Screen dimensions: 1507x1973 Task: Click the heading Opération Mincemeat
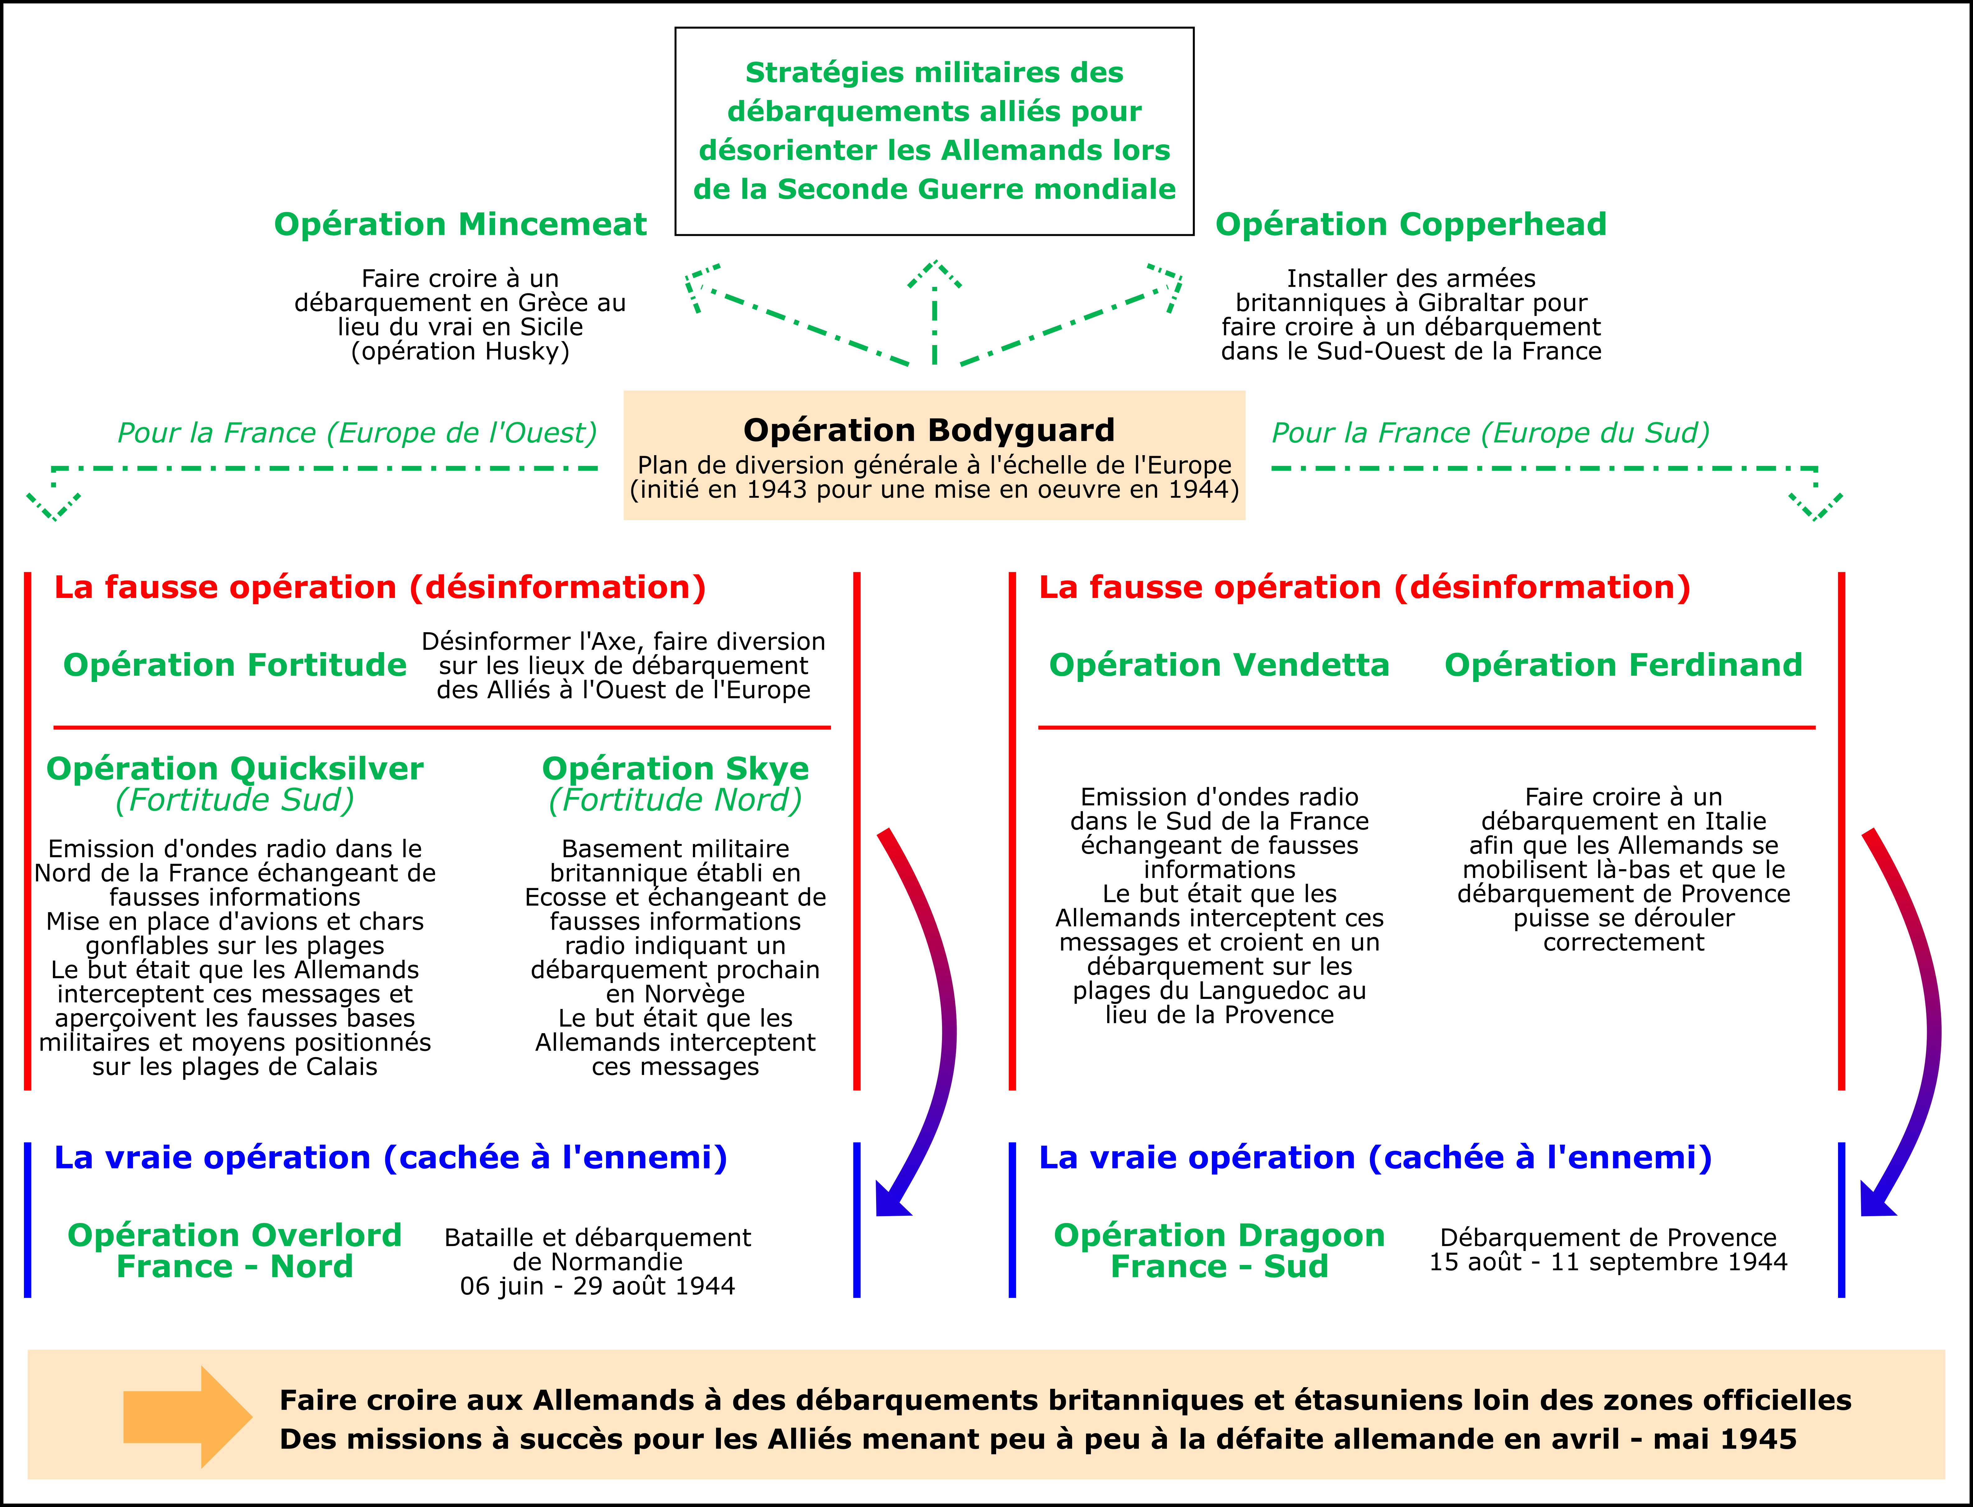[460, 224]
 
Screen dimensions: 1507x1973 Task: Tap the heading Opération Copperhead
[1411, 224]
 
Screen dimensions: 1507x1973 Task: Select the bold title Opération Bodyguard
[929, 431]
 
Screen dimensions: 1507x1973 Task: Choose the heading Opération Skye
[675, 769]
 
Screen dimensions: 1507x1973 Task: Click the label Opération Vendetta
[1219, 665]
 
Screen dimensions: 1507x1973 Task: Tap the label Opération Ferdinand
[1623, 665]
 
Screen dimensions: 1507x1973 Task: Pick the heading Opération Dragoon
[1219, 1235]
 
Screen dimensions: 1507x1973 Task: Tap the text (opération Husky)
[460, 351]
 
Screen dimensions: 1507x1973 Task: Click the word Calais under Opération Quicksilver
[341, 1066]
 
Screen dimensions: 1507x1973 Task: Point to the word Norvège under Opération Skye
[699, 994]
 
